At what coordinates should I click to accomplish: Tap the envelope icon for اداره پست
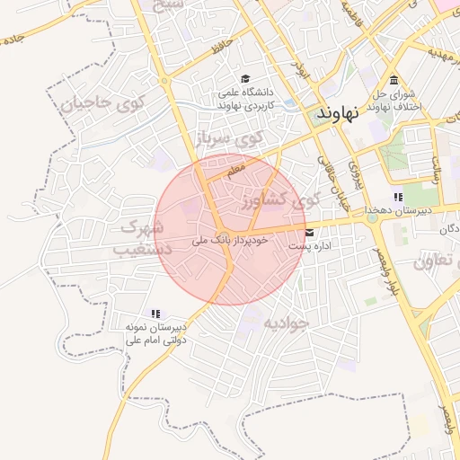click(309, 232)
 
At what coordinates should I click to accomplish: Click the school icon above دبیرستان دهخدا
click(398, 198)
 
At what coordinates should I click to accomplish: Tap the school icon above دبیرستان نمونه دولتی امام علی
click(155, 314)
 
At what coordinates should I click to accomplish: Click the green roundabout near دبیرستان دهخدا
click(372, 217)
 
